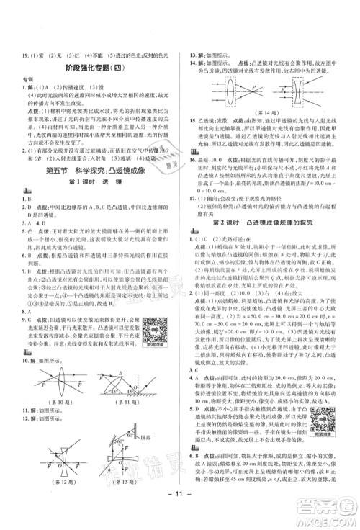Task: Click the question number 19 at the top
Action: pyautogui.click(x=19, y=53)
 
